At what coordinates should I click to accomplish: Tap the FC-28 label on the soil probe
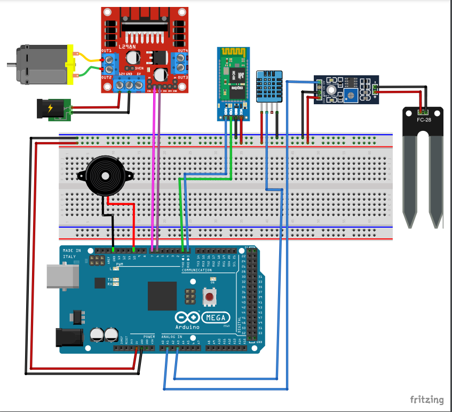[424, 120]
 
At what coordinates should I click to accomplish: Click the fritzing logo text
[426, 399]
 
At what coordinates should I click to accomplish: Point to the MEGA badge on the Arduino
[216, 317]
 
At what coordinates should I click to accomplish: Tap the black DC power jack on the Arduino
[69, 338]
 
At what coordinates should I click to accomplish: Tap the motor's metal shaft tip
[10, 65]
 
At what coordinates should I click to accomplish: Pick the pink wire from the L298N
[154, 166]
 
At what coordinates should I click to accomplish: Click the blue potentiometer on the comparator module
[350, 95]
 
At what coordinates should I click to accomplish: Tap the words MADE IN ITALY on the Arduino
[72, 254]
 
